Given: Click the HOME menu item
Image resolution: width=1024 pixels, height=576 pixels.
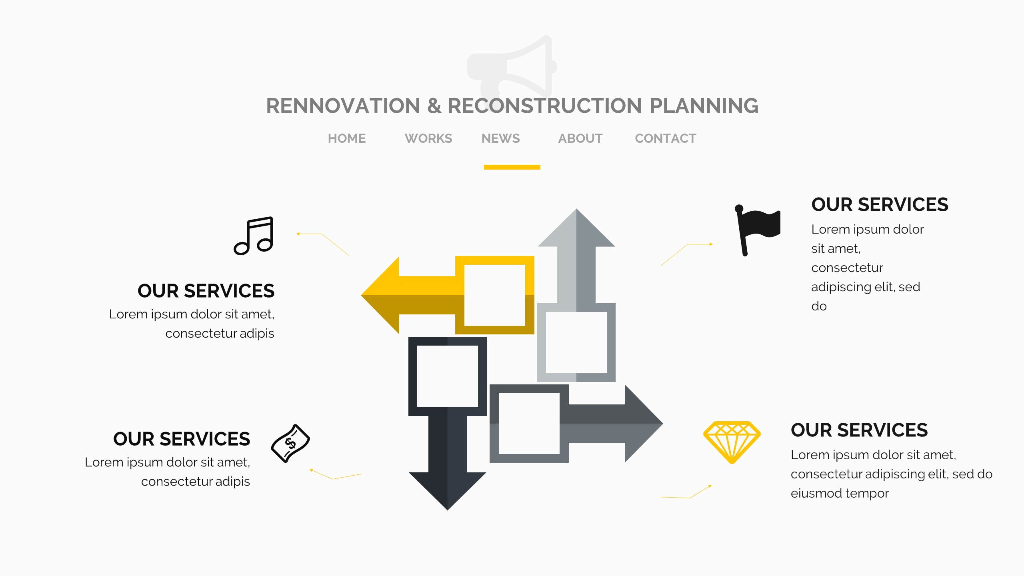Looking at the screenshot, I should (346, 138).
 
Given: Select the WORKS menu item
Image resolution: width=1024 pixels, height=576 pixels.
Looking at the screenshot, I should (428, 138).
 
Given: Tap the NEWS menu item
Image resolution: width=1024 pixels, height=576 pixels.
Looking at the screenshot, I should (500, 138).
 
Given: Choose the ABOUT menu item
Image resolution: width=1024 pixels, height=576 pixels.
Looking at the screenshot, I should (580, 138).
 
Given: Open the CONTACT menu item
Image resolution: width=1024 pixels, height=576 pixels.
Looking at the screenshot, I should (665, 138).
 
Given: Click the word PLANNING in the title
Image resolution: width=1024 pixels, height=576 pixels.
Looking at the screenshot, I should (704, 106).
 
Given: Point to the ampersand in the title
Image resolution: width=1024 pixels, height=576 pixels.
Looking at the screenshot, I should (434, 106).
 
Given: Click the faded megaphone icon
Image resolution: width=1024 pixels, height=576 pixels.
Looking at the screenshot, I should (512, 66).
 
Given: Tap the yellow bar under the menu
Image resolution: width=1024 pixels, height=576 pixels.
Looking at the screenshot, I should (512, 167).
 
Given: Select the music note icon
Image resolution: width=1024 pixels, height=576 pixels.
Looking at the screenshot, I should (254, 236).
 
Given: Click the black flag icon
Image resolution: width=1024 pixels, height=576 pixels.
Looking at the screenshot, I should (757, 230).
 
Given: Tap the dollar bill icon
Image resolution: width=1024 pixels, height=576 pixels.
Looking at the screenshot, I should (290, 443).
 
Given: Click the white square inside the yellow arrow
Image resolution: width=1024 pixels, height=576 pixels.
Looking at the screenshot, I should (494, 295).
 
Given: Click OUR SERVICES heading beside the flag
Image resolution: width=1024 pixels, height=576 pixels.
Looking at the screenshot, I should (880, 205).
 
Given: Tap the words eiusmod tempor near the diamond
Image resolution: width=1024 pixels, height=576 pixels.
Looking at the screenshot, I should (840, 493).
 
